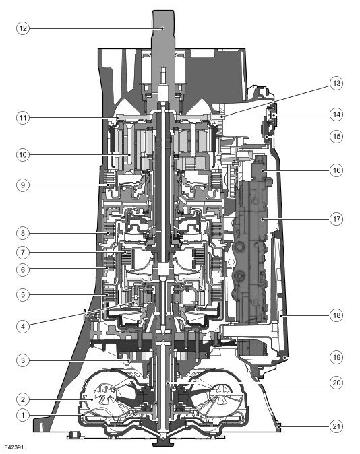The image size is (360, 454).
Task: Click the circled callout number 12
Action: pyautogui.click(x=23, y=28)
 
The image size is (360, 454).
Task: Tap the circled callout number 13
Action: pyautogui.click(x=336, y=83)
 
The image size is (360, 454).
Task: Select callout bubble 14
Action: pyautogui.click(x=336, y=115)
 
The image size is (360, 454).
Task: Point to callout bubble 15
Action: pyautogui.click(x=336, y=136)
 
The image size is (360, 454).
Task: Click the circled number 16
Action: pyautogui.click(x=336, y=170)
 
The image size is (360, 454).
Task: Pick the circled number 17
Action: pyautogui.click(x=336, y=219)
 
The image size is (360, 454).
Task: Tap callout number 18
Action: pyautogui.click(x=336, y=315)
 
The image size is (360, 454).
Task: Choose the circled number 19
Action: pyautogui.click(x=336, y=357)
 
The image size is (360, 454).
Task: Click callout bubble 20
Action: pyautogui.click(x=336, y=383)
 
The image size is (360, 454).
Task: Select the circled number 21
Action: pyautogui.click(x=336, y=426)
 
